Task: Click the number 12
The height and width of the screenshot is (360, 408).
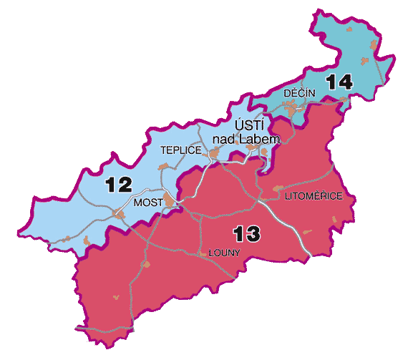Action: pos(118,185)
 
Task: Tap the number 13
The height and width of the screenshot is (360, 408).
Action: pos(246,233)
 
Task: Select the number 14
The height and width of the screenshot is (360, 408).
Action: pos(339,82)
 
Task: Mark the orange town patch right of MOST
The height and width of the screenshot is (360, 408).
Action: pos(170,201)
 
